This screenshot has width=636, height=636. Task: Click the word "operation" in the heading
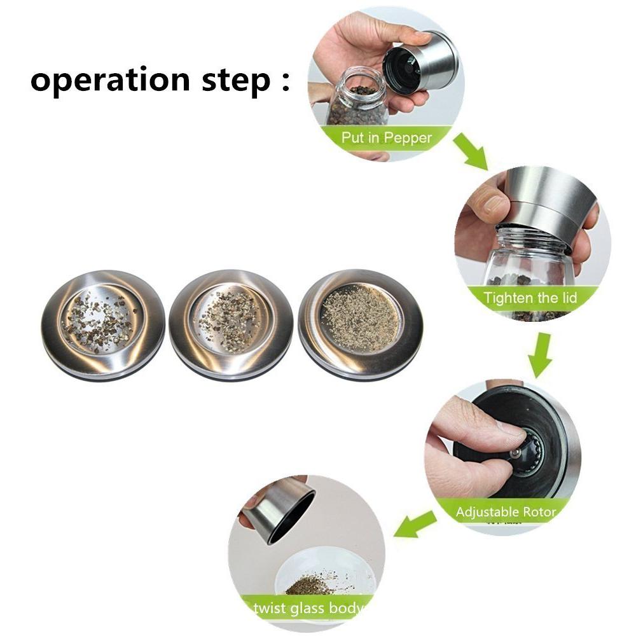(110, 80)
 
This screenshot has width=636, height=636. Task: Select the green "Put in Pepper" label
(386, 138)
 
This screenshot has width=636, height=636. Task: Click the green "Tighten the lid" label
(530, 298)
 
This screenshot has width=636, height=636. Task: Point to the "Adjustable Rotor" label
(506, 511)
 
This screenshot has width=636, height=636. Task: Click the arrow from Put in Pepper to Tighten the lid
(471, 151)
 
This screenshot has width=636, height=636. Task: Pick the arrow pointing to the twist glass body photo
(415, 524)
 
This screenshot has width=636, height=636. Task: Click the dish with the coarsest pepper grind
(103, 324)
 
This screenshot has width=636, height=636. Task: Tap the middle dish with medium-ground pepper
(231, 324)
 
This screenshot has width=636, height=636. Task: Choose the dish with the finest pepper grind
(360, 324)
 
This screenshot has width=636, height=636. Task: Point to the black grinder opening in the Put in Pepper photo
(401, 69)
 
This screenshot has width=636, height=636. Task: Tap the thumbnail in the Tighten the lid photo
(494, 205)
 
